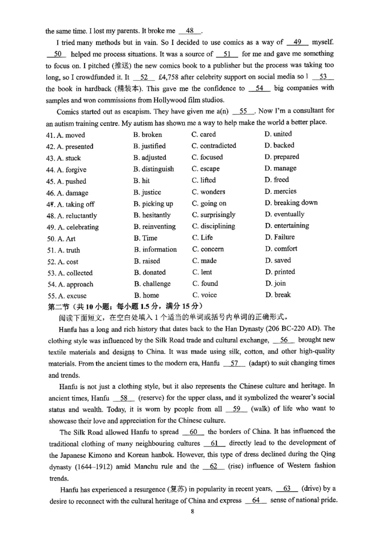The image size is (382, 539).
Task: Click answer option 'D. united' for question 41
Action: click(x=278, y=134)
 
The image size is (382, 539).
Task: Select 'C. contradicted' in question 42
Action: click(x=214, y=145)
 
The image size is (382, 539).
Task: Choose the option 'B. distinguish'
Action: click(x=154, y=169)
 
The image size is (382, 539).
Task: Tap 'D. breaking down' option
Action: click(x=291, y=203)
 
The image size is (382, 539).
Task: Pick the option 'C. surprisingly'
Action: click(x=213, y=215)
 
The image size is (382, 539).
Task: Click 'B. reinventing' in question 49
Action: click(x=155, y=227)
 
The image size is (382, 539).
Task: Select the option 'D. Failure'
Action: click(x=279, y=237)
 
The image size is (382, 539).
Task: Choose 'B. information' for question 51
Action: click(x=155, y=249)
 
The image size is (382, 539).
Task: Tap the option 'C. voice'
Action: click(x=204, y=295)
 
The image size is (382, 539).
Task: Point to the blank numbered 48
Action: click(x=190, y=31)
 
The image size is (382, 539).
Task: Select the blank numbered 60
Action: click(x=193, y=432)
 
